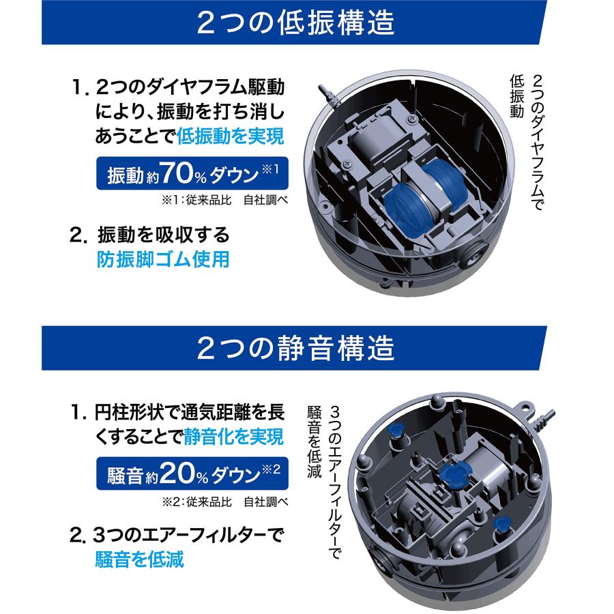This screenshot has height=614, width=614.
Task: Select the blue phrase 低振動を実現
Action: (230, 136)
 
